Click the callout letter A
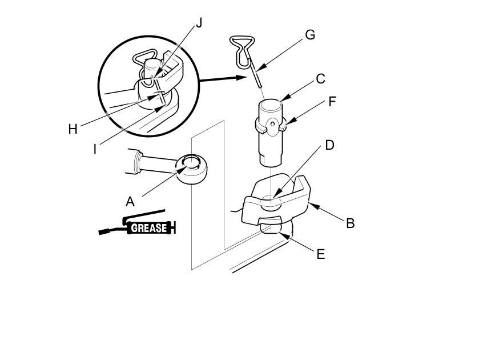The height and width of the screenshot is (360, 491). (x=130, y=201)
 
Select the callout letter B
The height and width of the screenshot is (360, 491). (x=351, y=223)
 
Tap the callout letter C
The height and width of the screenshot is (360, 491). (x=320, y=79)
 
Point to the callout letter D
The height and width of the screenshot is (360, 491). (x=329, y=145)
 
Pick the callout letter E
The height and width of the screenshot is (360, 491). (x=320, y=254)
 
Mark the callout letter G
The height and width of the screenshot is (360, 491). (x=310, y=34)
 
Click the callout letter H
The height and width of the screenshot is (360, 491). (x=73, y=129)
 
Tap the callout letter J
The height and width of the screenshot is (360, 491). (x=199, y=23)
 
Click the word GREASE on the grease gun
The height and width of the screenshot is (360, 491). (x=149, y=228)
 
